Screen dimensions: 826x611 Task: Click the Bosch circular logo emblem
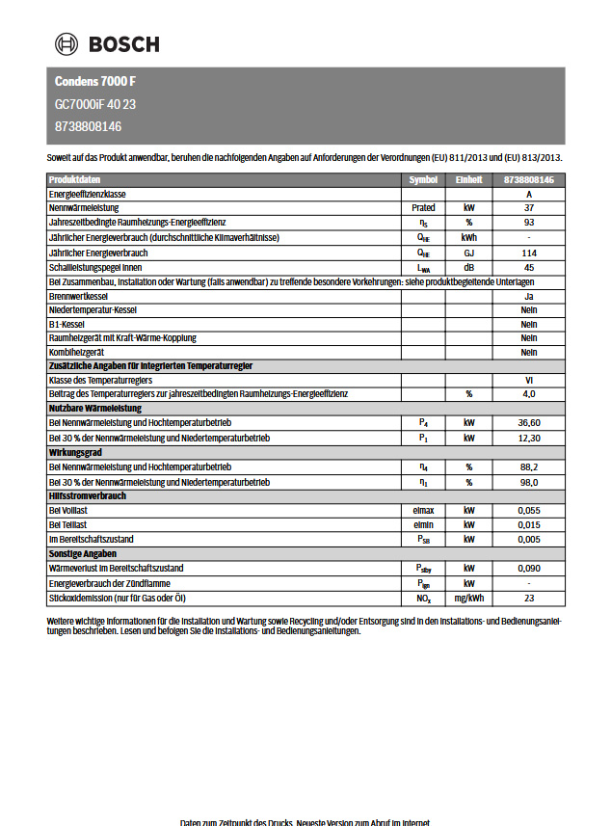coord(67,43)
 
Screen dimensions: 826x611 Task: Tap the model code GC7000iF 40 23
coord(95,104)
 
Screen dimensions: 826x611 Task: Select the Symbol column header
coord(423,179)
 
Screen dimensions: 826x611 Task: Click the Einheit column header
coord(469,179)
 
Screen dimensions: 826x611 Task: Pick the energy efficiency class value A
coord(529,194)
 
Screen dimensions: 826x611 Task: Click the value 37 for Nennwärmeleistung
coord(529,208)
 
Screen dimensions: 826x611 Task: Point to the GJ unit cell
coord(469,253)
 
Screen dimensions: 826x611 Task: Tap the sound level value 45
coord(529,267)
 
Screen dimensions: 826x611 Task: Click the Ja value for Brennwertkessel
coord(529,296)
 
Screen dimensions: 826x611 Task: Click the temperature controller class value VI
coord(529,381)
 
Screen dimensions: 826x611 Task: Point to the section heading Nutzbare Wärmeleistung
coord(95,409)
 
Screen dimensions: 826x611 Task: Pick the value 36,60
coord(529,423)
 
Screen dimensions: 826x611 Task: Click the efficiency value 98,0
coord(529,481)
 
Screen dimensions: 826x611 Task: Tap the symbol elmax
coord(423,510)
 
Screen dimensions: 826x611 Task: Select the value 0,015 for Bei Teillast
coord(529,524)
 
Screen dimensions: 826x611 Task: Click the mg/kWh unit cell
coord(469,598)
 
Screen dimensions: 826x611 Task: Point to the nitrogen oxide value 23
coord(529,598)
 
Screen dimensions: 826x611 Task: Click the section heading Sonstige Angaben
coord(83,554)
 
